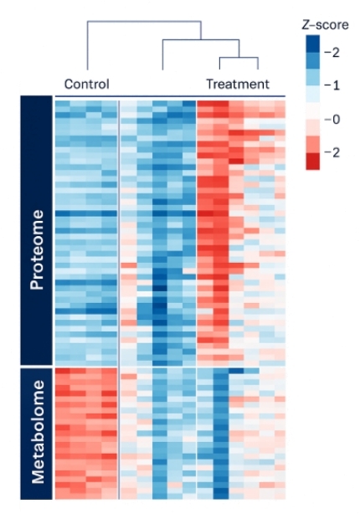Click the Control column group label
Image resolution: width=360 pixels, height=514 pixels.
click(x=87, y=84)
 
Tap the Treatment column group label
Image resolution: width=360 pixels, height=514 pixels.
click(x=238, y=84)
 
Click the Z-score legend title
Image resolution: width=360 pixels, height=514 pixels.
click(x=319, y=25)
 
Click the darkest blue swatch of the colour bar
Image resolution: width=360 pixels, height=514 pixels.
click(x=312, y=42)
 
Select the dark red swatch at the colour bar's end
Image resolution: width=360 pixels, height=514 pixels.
click(x=312, y=162)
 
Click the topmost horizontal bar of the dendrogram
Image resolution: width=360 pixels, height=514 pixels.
click(x=143, y=23)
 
